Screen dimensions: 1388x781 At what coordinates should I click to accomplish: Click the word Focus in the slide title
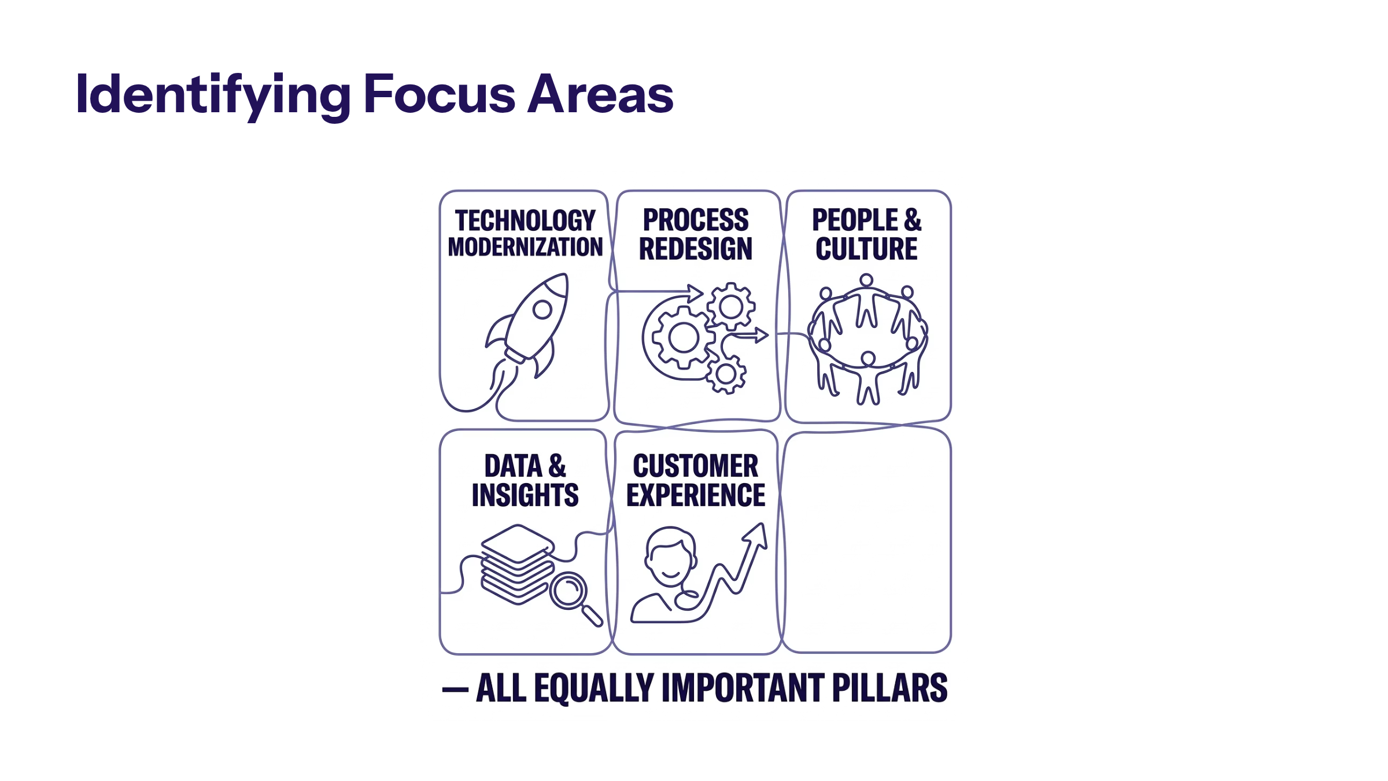[440, 94]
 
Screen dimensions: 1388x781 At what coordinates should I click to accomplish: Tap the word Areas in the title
[601, 94]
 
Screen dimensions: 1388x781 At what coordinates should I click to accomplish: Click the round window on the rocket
[542, 310]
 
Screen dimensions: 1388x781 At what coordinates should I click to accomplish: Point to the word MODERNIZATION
[525, 247]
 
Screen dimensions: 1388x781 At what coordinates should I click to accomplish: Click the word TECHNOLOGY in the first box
[525, 220]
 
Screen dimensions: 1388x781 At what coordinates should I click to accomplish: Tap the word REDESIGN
[696, 249]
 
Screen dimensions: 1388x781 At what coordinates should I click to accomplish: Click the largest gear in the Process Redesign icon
[683, 337]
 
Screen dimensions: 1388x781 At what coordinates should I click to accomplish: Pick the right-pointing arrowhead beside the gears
[762, 335]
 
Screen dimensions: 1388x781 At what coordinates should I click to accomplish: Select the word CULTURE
[866, 249]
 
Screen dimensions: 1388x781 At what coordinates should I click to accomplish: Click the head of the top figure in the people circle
[866, 281]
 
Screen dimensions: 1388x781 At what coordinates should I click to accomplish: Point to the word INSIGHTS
[525, 495]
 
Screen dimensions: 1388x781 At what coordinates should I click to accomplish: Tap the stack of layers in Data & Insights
[517, 564]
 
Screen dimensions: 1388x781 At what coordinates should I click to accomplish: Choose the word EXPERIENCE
[696, 495]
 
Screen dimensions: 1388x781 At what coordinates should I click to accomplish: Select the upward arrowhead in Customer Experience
[756, 535]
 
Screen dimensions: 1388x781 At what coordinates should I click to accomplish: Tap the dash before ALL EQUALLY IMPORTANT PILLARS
[455, 690]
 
